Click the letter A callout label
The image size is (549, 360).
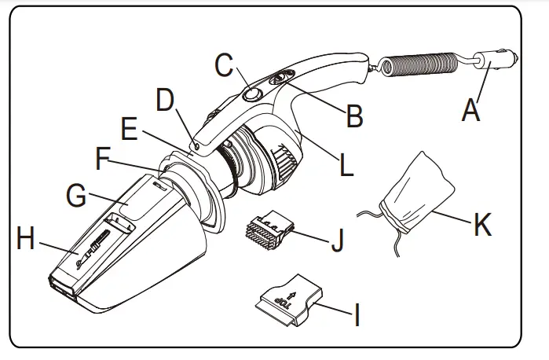point(470,109)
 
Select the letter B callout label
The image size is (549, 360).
point(354,116)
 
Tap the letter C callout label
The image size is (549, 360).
point(224,66)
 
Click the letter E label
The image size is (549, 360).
point(131,128)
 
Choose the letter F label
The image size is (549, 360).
point(102,160)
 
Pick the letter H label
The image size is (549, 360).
point(26,240)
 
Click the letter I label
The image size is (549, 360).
point(356,316)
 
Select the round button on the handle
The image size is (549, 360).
point(252,95)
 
